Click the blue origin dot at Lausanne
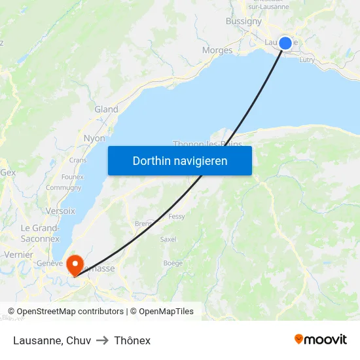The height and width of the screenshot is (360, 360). pyautogui.click(x=285, y=43)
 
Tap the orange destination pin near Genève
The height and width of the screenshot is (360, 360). pyautogui.click(x=75, y=264)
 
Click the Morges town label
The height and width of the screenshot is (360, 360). pyautogui.click(x=217, y=50)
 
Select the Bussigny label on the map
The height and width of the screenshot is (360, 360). pyautogui.click(x=243, y=21)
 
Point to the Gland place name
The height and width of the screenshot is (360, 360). pyautogui.click(x=106, y=109)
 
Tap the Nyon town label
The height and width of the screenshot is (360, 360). pyautogui.click(x=94, y=138)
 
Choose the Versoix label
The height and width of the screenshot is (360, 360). pyautogui.click(x=61, y=211)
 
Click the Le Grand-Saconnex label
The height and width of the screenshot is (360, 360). pyautogui.click(x=40, y=233)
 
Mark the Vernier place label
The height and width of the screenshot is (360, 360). pyautogui.click(x=18, y=254)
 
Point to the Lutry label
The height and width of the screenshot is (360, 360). pyautogui.click(x=306, y=60)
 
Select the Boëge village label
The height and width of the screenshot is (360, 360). pyautogui.click(x=173, y=263)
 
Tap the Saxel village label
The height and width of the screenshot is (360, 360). pyautogui.click(x=168, y=240)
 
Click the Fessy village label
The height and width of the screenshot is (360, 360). pyautogui.click(x=177, y=216)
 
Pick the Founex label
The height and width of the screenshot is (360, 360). pyautogui.click(x=72, y=177)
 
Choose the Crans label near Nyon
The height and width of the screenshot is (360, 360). pyautogui.click(x=78, y=160)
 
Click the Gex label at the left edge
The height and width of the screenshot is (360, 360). pyautogui.click(x=8, y=172)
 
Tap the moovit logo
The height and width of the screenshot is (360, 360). pyautogui.click(x=321, y=339)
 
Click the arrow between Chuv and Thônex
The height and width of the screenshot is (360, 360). pyautogui.click(x=102, y=340)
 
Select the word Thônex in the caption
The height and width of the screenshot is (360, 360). pyautogui.click(x=132, y=340)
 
